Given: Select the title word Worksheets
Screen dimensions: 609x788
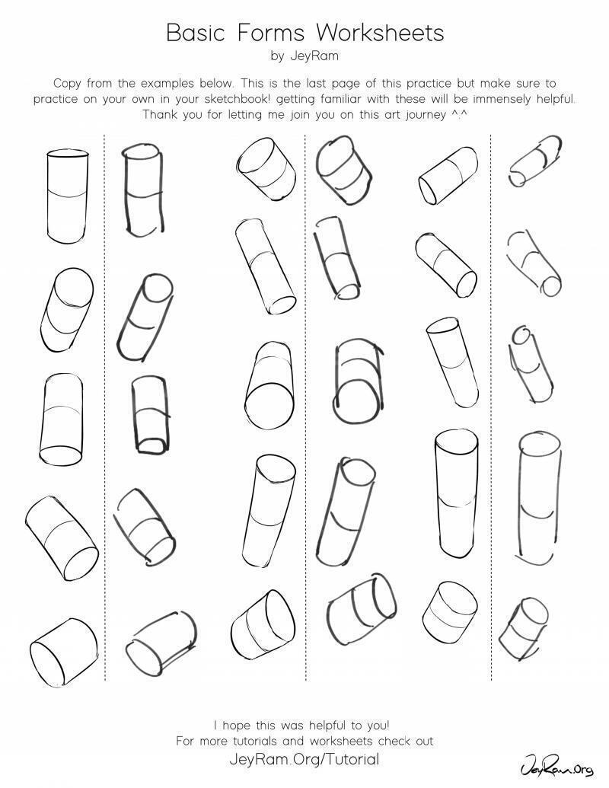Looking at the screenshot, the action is pyautogui.click(x=381, y=33).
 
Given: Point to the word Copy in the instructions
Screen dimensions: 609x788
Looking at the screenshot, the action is pyautogui.click(x=67, y=84).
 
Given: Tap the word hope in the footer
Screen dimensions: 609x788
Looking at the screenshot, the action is pyautogui.click(x=237, y=726).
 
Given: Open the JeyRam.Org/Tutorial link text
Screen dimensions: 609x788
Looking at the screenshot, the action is pyautogui.click(x=304, y=759).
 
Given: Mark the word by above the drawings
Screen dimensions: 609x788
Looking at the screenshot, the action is pyautogui.click(x=277, y=56).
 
